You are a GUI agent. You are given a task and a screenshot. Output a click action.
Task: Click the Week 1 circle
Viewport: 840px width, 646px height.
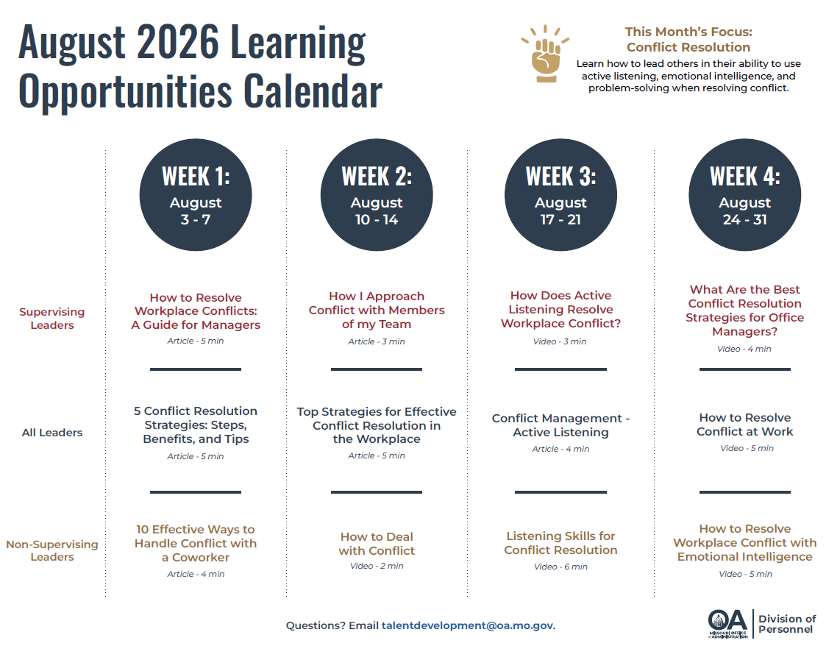196,194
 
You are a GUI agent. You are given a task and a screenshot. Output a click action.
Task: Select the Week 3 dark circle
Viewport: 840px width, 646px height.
560,194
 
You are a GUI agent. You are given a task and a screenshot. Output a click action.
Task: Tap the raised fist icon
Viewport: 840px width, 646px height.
545,54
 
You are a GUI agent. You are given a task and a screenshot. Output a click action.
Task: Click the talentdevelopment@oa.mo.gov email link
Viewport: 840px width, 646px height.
467,625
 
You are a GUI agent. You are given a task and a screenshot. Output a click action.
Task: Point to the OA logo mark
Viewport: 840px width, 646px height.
727,623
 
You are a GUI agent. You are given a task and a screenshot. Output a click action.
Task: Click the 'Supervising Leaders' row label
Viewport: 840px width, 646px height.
52,318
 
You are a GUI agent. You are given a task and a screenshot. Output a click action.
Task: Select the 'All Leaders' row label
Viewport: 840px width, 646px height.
52,433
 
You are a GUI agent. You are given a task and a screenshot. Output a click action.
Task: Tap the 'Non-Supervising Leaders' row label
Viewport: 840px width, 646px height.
52,550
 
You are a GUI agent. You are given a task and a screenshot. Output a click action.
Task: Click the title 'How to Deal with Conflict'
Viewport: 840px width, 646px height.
377,543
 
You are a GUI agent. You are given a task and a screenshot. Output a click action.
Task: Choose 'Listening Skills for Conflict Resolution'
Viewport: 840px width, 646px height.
560,542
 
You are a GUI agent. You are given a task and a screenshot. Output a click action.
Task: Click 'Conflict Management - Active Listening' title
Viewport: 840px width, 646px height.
560,425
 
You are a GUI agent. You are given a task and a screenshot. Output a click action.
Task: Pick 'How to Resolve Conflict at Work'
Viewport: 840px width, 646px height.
744,425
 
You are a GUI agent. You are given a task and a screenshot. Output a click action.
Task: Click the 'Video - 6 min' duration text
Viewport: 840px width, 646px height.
560,567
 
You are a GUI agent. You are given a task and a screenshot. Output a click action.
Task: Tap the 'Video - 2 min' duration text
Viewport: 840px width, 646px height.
377,566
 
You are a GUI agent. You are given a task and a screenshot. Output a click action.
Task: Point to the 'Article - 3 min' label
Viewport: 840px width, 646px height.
377,341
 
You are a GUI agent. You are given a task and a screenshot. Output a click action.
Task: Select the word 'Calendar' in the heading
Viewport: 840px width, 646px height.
313,90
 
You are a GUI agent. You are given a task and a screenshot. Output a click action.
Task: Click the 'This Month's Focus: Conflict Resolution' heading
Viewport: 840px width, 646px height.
688,40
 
